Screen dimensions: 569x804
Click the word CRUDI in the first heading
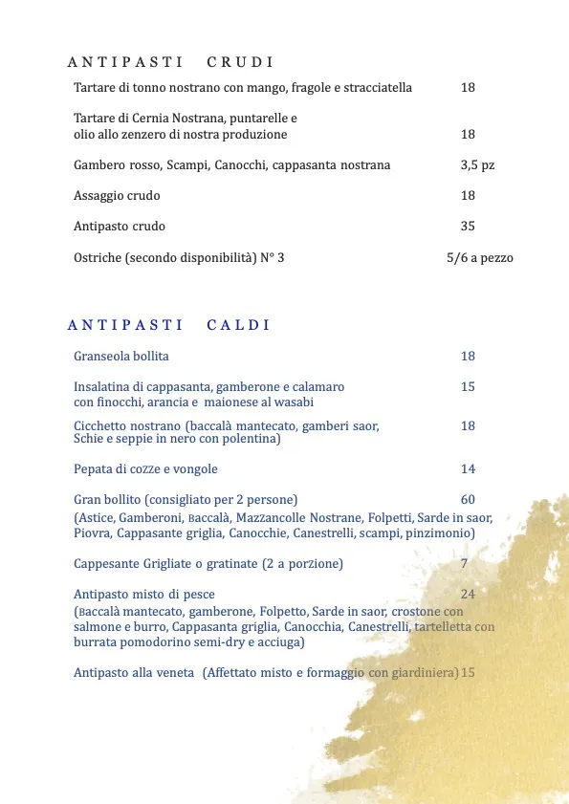(240, 62)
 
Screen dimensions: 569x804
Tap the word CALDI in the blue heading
(238, 325)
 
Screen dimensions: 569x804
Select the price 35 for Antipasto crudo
(468, 227)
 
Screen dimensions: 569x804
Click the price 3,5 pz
(477, 164)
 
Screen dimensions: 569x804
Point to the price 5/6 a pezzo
(480, 257)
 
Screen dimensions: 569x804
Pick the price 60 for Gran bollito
(468, 499)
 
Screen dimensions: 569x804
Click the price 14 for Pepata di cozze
(468, 468)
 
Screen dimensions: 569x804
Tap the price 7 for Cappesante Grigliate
(464, 563)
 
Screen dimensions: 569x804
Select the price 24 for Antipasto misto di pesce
(468, 594)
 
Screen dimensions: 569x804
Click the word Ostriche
(98, 257)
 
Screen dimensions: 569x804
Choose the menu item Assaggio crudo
(117, 195)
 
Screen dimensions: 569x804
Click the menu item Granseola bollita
(121, 356)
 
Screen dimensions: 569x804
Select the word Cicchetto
(100, 425)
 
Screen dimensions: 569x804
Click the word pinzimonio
(439, 532)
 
